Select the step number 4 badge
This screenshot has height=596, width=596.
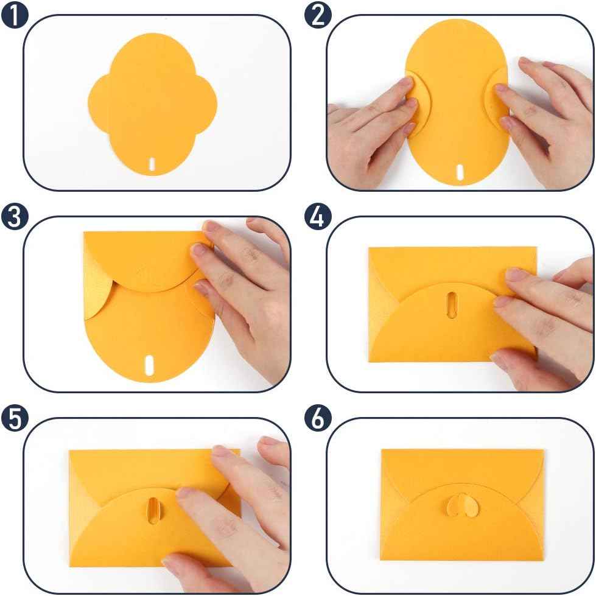(x=317, y=218)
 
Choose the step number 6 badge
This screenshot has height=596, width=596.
(x=317, y=419)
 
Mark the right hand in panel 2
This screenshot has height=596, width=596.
(x=542, y=116)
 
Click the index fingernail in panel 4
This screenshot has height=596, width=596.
(x=516, y=275)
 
